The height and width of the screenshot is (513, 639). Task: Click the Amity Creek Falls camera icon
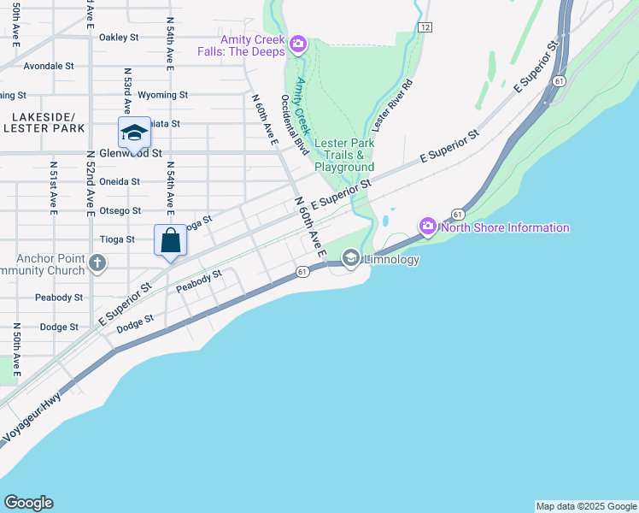click(298, 44)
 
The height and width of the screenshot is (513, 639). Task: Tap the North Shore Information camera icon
click(427, 227)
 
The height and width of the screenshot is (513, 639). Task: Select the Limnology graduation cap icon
click(350, 258)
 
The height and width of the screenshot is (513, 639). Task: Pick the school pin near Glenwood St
click(134, 133)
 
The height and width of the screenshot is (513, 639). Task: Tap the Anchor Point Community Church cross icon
click(97, 262)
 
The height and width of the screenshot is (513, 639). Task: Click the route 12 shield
click(425, 27)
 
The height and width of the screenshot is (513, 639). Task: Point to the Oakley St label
click(119, 38)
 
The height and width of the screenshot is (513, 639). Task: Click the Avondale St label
click(49, 66)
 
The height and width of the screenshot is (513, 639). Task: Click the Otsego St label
click(120, 211)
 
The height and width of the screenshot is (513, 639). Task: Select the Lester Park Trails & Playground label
click(344, 155)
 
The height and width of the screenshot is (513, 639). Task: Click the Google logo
click(28, 503)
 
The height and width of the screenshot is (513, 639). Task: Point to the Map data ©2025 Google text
click(586, 506)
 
